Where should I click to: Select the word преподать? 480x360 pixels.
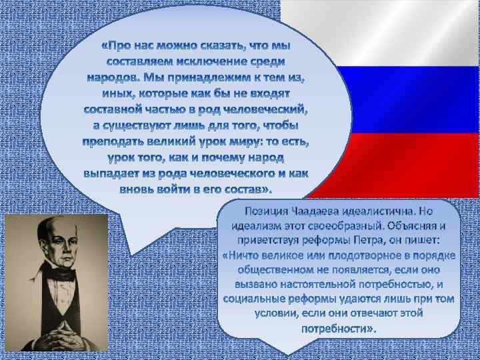(x=117, y=141)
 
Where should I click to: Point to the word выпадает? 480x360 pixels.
(x=111, y=173)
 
